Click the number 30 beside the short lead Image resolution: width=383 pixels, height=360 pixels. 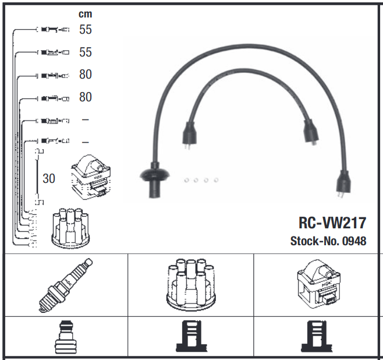tap(49, 178)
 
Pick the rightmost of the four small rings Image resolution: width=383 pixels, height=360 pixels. tap(216, 180)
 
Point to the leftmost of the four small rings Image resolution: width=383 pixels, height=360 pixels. tap(186, 180)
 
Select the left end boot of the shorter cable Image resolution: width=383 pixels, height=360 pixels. tap(189, 133)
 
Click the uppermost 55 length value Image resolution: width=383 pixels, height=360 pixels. tap(86, 30)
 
